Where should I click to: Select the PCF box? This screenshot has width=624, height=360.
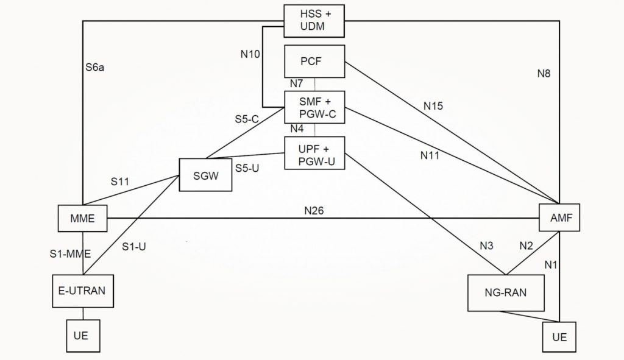click(x=314, y=61)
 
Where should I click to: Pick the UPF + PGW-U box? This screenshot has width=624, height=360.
click(x=314, y=152)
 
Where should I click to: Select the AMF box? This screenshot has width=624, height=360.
click(x=558, y=217)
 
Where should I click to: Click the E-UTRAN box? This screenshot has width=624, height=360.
click(x=82, y=291)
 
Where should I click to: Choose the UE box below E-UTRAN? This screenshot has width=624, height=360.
click(x=82, y=335)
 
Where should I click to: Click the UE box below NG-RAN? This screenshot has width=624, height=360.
click(x=558, y=337)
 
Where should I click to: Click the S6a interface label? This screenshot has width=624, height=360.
click(x=95, y=68)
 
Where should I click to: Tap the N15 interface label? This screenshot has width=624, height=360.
click(x=433, y=106)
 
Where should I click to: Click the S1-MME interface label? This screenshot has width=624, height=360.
click(x=68, y=253)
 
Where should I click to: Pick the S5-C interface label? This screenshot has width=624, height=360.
click(x=247, y=119)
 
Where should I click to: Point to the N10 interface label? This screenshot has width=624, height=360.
click(x=250, y=54)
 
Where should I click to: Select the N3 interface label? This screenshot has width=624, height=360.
click(x=486, y=246)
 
